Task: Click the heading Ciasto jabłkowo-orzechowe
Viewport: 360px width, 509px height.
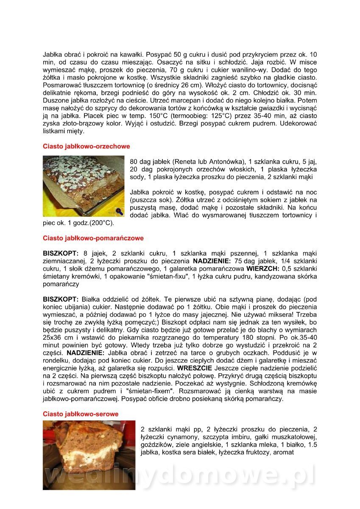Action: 86,146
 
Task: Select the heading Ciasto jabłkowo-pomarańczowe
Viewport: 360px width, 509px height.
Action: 93,238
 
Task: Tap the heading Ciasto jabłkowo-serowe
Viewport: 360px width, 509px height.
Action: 81,414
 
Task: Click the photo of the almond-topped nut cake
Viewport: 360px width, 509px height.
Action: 84,186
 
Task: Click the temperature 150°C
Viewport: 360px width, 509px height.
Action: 142,116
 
